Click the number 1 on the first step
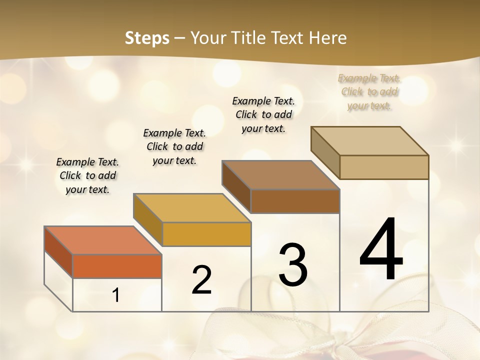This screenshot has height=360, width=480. pos(116,295)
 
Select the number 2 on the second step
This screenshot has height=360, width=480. pos(201,280)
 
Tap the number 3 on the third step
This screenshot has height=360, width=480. pos(293,265)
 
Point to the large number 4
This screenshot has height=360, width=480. pos(381,249)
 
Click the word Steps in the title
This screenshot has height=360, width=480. pos(147,38)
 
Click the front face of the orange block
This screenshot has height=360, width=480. pos(117,266)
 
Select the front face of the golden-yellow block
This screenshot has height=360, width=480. pos(206,234)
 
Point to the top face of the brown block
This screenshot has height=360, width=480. pos(280,175)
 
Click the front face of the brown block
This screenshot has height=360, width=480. pos(295,201)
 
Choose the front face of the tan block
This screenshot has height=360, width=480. pos(384,167)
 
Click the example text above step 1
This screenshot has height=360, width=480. pos(87,175)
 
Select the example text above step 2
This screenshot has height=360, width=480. pos(174,146)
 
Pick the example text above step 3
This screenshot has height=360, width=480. pos(263,114)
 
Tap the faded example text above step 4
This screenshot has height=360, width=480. pos(369,92)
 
